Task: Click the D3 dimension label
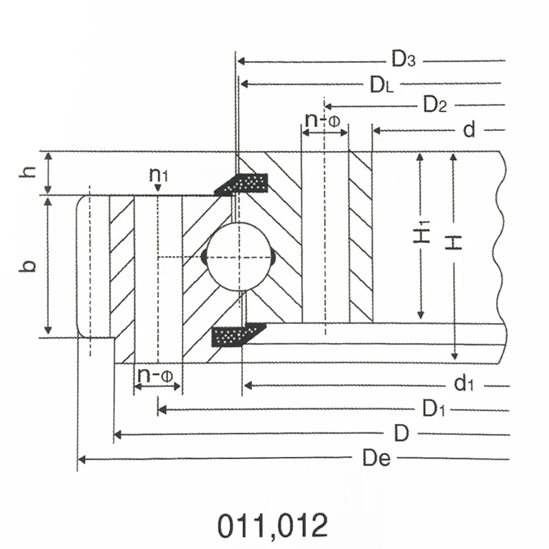[404, 60]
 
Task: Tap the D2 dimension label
[435, 106]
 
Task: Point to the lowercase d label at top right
[469, 130]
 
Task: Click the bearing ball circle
[238, 257]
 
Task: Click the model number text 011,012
[272, 526]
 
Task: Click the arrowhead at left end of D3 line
[241, 61]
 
